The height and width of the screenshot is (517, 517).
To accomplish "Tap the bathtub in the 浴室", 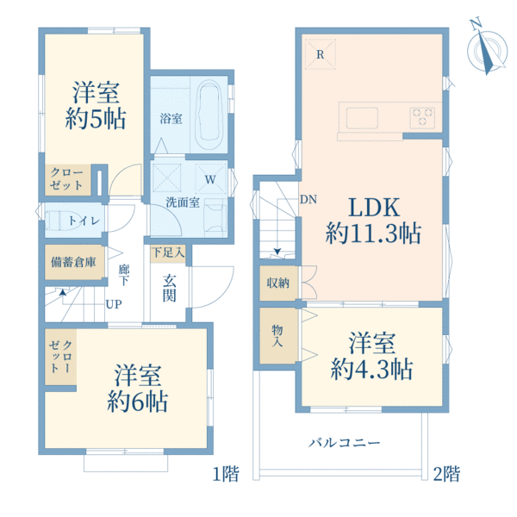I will pos(210,115).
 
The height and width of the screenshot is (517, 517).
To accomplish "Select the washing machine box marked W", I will pos(210,180).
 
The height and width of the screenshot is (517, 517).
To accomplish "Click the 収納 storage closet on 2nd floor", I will pos(277,283).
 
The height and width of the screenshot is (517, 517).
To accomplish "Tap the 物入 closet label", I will pos(277,336).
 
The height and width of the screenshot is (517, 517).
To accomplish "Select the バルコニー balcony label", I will pos(345,443).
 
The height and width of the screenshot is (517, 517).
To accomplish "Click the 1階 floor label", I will pos(226,473).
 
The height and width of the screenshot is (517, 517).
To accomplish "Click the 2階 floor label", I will pos(446,473).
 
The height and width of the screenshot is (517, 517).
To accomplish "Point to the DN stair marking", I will pos(308,201).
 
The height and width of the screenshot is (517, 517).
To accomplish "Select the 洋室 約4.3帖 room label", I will pos(372,357).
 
